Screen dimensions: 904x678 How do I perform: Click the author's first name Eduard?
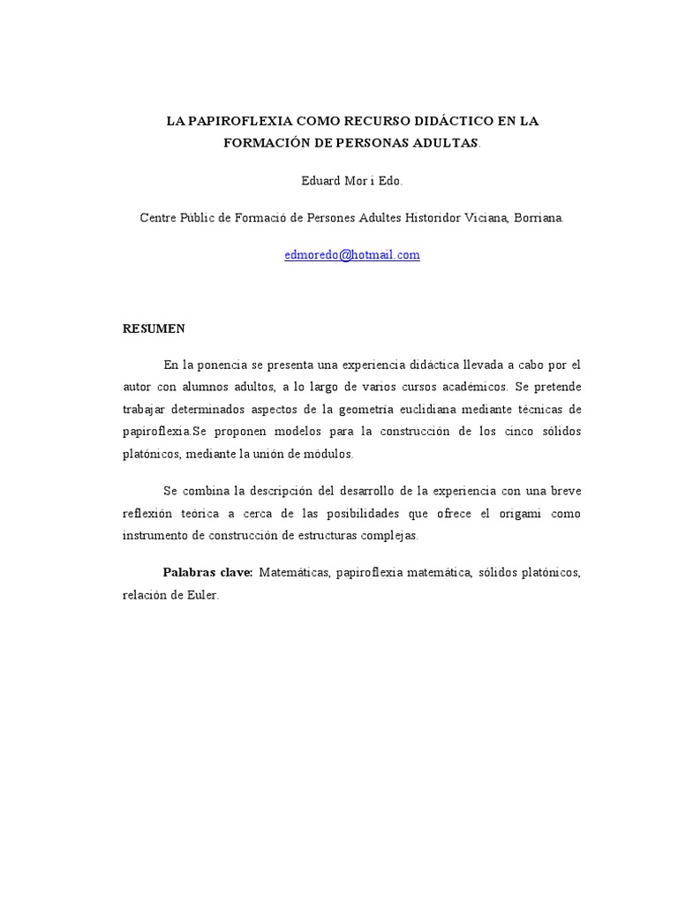320,180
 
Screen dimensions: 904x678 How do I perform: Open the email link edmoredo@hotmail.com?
352,255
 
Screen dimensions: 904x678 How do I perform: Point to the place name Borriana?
538,217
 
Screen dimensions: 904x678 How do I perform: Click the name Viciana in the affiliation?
484,217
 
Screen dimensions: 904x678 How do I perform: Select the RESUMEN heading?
154,328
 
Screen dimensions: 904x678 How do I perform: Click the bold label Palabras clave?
208,572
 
